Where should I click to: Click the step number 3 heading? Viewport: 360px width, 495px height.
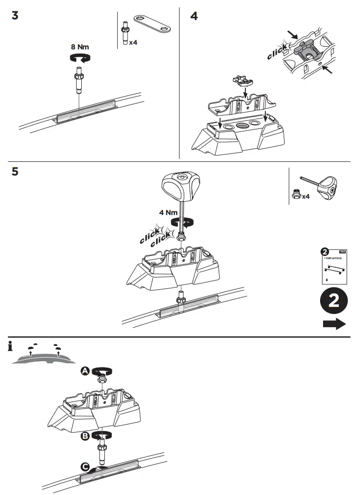coord(15,16)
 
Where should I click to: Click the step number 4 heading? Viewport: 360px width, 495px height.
coord(194,16)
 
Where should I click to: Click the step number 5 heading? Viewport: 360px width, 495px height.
coord(15,172)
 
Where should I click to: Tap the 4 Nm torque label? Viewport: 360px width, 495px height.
coord(168,213)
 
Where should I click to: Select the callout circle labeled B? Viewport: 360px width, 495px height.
coord(85,435)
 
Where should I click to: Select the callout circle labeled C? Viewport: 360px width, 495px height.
coord(86,466)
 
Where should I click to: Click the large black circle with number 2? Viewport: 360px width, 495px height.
coord(333,302)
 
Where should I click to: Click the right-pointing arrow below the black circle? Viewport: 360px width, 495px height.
coord(334,324)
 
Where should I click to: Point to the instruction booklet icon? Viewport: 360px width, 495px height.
coord(333,266)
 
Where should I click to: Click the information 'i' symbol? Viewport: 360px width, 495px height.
coord(10,347)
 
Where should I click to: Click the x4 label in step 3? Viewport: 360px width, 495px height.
coord(133,43)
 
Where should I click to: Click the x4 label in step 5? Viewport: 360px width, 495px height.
coord(305,196)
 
